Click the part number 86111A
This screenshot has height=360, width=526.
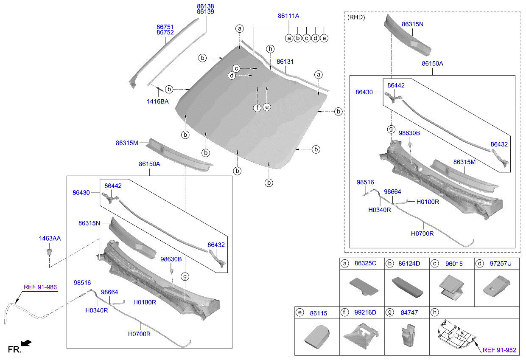(x=288, y=16)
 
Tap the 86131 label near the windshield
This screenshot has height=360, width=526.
(x=285, y=62)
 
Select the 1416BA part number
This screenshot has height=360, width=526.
(x=158, y=101)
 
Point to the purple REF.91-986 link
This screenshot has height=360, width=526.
(x=40, y=287)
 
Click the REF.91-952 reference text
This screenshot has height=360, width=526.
(x=499, y=350)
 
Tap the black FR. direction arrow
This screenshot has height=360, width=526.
(x=26, y=343)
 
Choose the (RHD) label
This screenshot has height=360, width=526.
(x=356, y=18)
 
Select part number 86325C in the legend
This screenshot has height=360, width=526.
(x=365, y=264)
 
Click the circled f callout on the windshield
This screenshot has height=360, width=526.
(x=257, y=107)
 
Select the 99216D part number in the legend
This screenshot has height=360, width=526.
(x=365, y=313)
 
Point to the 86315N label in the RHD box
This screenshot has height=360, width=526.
(x=412, y=24)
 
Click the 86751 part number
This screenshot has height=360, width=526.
(x=165, y=27)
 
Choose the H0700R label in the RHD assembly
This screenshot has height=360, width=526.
(x=422, y=233)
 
